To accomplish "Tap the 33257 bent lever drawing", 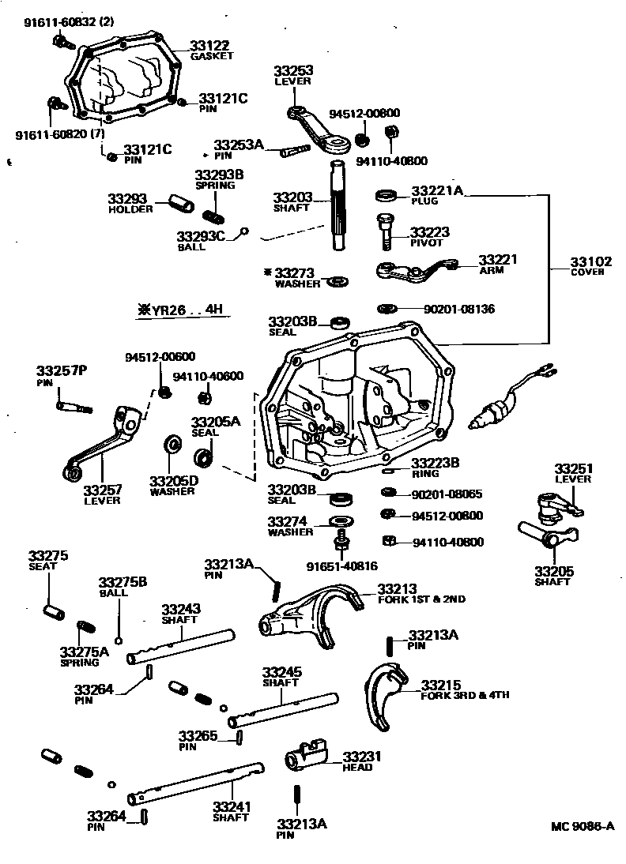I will (103, 444).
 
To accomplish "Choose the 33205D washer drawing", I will (170, 445).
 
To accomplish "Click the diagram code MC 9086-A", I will (582, 827).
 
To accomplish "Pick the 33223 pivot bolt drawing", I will (386, 229).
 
